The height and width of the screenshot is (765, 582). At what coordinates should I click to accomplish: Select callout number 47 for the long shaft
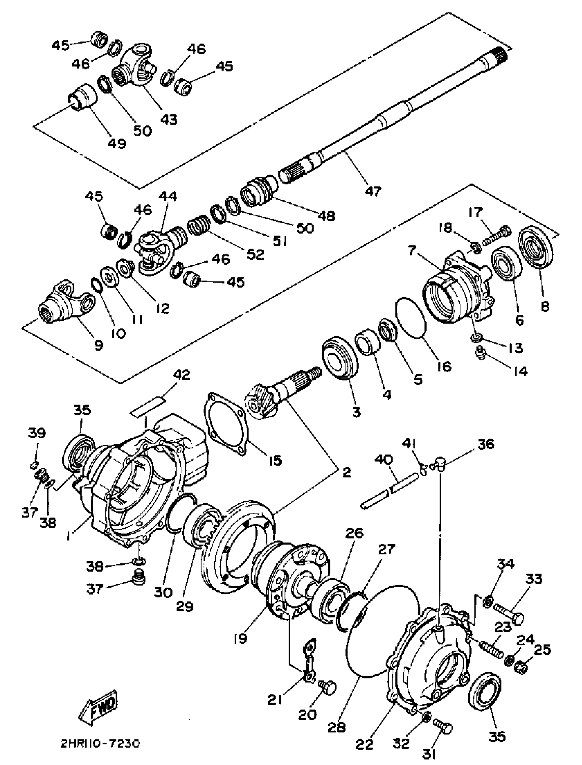[373, 191]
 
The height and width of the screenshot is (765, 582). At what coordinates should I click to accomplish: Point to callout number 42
[181, 375]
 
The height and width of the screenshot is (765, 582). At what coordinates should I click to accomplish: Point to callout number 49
[117, 142]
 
